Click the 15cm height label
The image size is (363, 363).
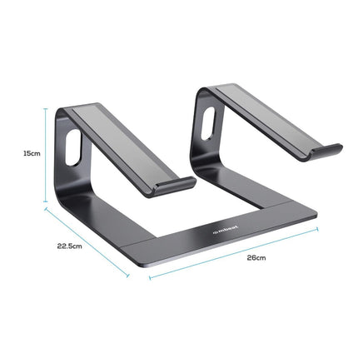click(31, 153)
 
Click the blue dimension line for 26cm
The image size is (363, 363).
click(233, 253)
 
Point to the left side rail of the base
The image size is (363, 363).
click(83, 200)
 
